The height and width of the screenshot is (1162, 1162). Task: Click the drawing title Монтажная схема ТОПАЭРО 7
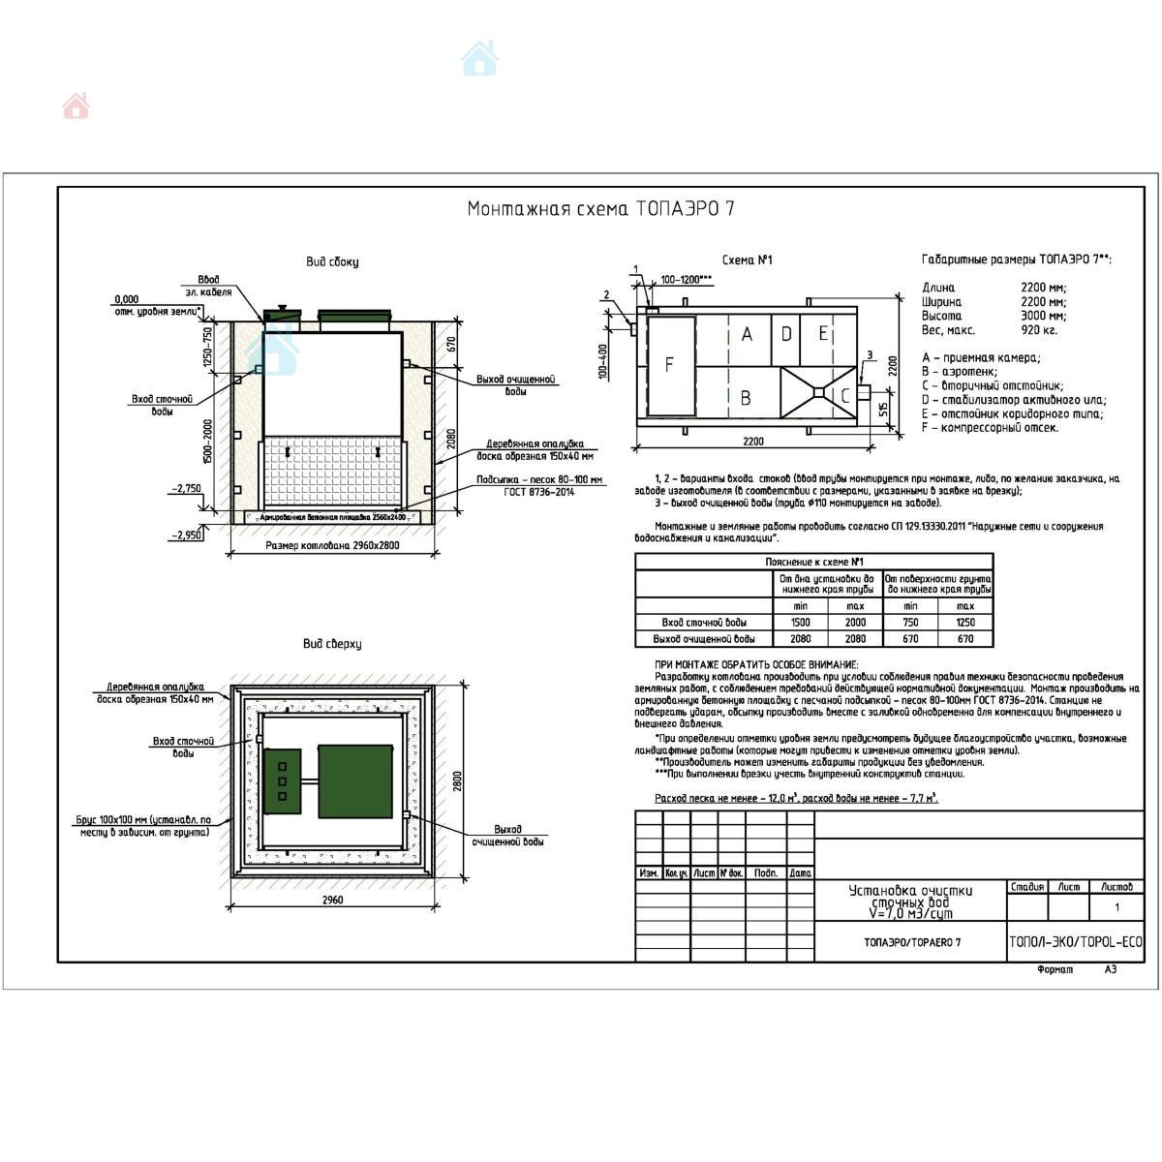(x=600, y=209)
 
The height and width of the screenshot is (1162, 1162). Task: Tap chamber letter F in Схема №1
(x=668, y=365)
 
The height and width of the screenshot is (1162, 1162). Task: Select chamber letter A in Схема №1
(x=747, y=334)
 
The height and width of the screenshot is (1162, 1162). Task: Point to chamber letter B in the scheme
(x=746, y=397)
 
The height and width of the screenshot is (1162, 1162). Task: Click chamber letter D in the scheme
(x=786, y=334)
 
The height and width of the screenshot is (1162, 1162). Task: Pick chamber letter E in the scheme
(x=823, y=334)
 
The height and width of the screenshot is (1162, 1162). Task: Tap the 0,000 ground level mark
(x=126, y=299)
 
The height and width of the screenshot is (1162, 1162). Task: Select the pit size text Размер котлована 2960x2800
(x=332, y=546)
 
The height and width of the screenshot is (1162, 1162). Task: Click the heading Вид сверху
(x=332, y=644)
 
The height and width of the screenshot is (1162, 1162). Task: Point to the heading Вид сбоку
(x=332, y=261)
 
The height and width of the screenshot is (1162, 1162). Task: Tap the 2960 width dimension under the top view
(x=331, y=901)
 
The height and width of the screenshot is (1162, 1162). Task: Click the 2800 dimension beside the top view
(x=458, y=780)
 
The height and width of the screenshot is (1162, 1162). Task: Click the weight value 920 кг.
(x=1038, y=330)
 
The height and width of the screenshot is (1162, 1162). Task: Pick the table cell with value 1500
(x=801, y=623)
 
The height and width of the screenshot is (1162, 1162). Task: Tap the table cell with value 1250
(x=965, y=623)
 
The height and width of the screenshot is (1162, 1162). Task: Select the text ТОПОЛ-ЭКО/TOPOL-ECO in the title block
(x=1075, y=942)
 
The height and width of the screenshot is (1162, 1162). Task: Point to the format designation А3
(x=1110, y=969)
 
